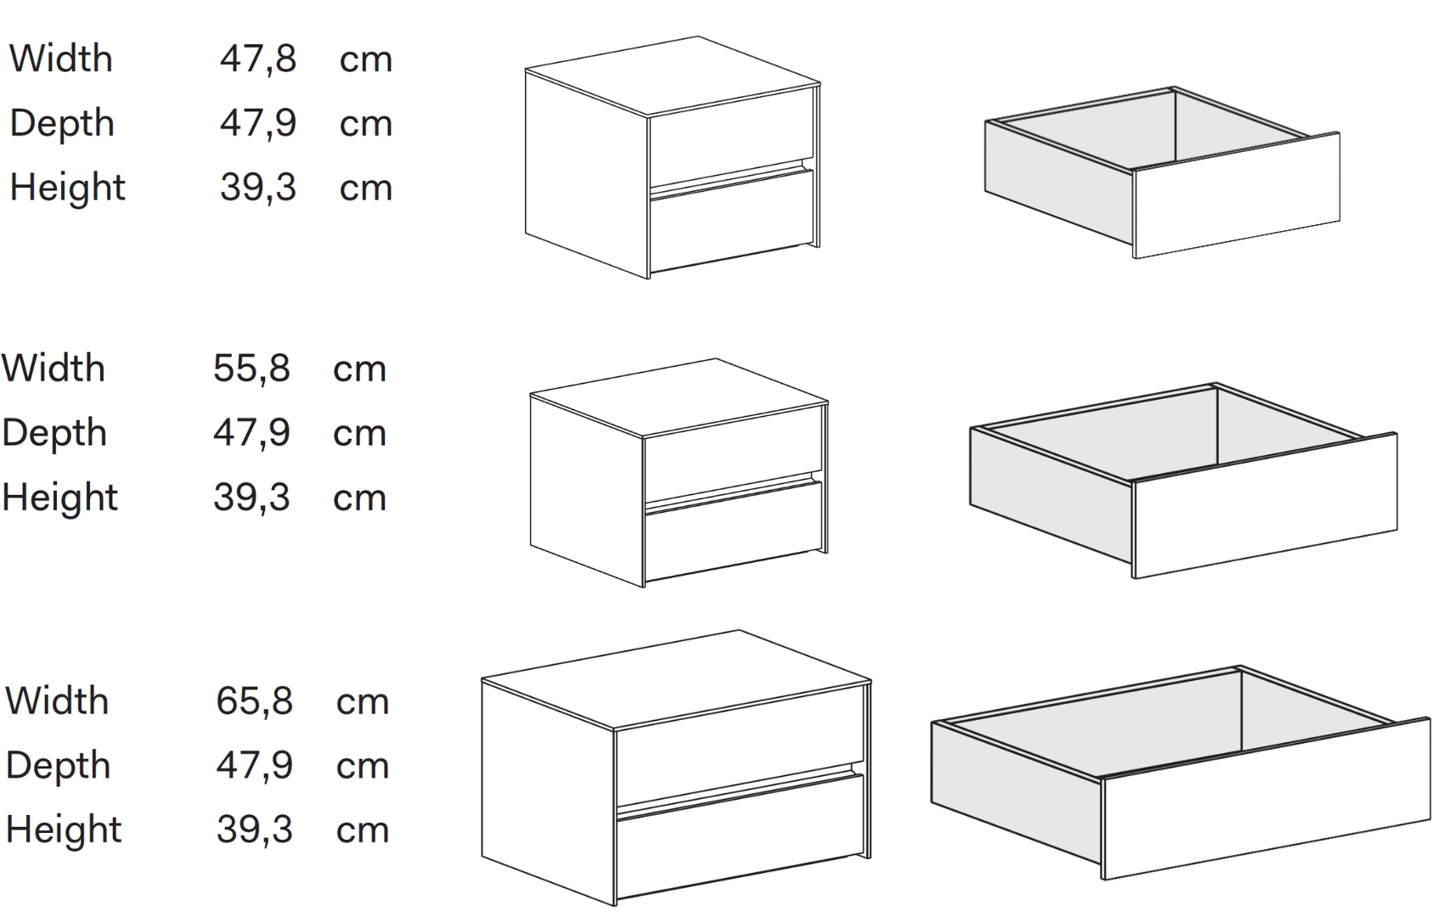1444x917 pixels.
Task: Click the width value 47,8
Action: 258,59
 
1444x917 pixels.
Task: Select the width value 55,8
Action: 251,368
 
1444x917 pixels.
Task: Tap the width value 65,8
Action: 254,701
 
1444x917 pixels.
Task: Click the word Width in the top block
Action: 61,59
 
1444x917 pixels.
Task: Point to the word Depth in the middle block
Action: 54,432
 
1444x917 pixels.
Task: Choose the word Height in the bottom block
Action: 64,830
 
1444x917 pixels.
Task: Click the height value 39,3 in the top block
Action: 258,188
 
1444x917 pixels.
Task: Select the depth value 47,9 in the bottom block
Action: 254,766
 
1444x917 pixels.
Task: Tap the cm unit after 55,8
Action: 359,370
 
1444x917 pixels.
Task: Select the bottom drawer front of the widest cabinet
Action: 740,838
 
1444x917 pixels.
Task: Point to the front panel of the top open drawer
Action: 1237,196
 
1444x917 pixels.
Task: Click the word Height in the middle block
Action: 60,498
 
